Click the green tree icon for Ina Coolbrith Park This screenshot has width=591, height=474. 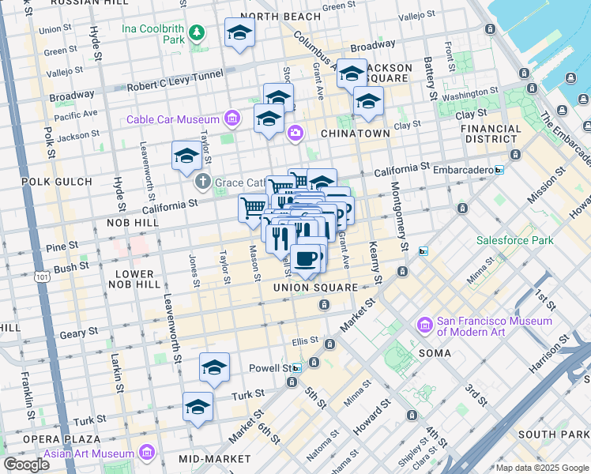point(196,32)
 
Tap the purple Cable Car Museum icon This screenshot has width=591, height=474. point(232,119)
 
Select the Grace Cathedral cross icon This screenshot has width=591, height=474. point(202,182)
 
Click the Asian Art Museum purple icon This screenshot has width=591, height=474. point(146,453)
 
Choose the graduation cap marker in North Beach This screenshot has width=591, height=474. point(239,33)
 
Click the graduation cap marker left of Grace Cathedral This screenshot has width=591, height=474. point(187,156)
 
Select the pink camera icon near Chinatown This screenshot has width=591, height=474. point(295,132)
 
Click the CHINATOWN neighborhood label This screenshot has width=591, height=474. point(355,134)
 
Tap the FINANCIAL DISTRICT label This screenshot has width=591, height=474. point(490,134)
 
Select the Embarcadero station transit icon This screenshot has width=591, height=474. point(499,170)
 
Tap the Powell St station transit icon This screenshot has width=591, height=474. point(297,368)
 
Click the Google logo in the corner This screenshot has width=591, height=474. point(26,465)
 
